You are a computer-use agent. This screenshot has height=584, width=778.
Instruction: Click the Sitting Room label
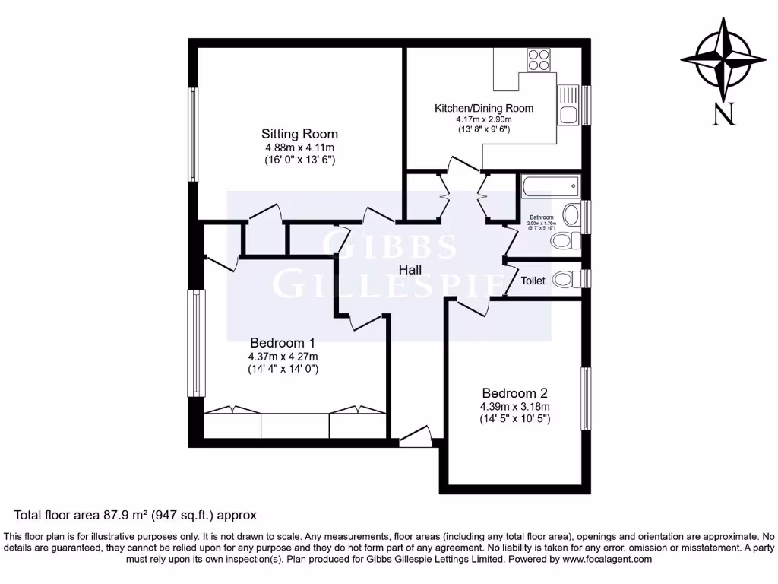299,134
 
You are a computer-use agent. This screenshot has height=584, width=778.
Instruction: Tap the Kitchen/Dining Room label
483,108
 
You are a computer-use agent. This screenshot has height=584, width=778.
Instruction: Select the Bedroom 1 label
283,342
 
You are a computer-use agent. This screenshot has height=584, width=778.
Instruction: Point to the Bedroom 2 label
514,393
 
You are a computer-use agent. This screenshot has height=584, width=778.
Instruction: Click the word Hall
411,269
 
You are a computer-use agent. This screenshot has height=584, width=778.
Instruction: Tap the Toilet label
533,281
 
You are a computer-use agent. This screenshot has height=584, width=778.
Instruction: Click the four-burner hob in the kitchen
539,59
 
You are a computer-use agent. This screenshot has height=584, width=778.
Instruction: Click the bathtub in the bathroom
551,186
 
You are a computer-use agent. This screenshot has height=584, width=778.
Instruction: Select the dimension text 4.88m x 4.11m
299,148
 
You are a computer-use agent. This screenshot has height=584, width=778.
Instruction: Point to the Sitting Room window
194,134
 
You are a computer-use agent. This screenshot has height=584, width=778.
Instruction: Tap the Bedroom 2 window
586,398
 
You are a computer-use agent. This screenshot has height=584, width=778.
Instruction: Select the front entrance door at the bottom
415,437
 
